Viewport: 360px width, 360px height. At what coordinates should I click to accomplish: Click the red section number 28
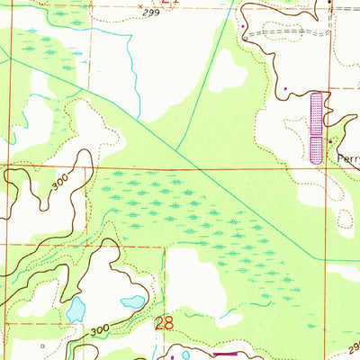coord(165,323)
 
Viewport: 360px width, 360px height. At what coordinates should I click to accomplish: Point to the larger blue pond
coord(75,310)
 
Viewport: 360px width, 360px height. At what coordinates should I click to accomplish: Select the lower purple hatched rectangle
coord(315,149)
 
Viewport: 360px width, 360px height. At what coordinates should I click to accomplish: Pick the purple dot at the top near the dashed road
coord(244,27)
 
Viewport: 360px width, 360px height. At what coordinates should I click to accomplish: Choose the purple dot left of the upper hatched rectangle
coord(286,89)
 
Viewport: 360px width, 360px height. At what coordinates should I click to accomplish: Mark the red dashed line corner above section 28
coord(164,246)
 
